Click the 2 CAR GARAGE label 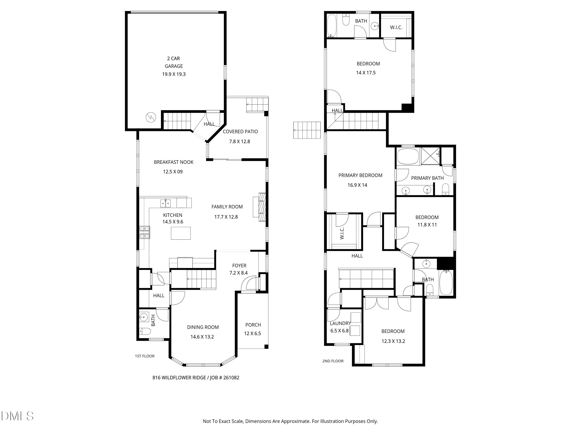coord(174,62)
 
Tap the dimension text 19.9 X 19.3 coord(174,74)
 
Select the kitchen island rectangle coord(181,233)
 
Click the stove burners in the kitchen coord(144,232)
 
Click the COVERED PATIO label coord(240,132)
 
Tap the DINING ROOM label coord(203,327)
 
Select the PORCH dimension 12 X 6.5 coord(252,333)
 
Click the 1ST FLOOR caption coord(145,356)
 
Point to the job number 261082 coord(231,378)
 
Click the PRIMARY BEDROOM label coord(360,175)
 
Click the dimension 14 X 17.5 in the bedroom coord(366,73)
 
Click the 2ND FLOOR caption coord(333,361)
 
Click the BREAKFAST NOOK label coord(174,162)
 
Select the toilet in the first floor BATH coord(145,332)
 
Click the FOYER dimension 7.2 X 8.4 coord(238,273)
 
